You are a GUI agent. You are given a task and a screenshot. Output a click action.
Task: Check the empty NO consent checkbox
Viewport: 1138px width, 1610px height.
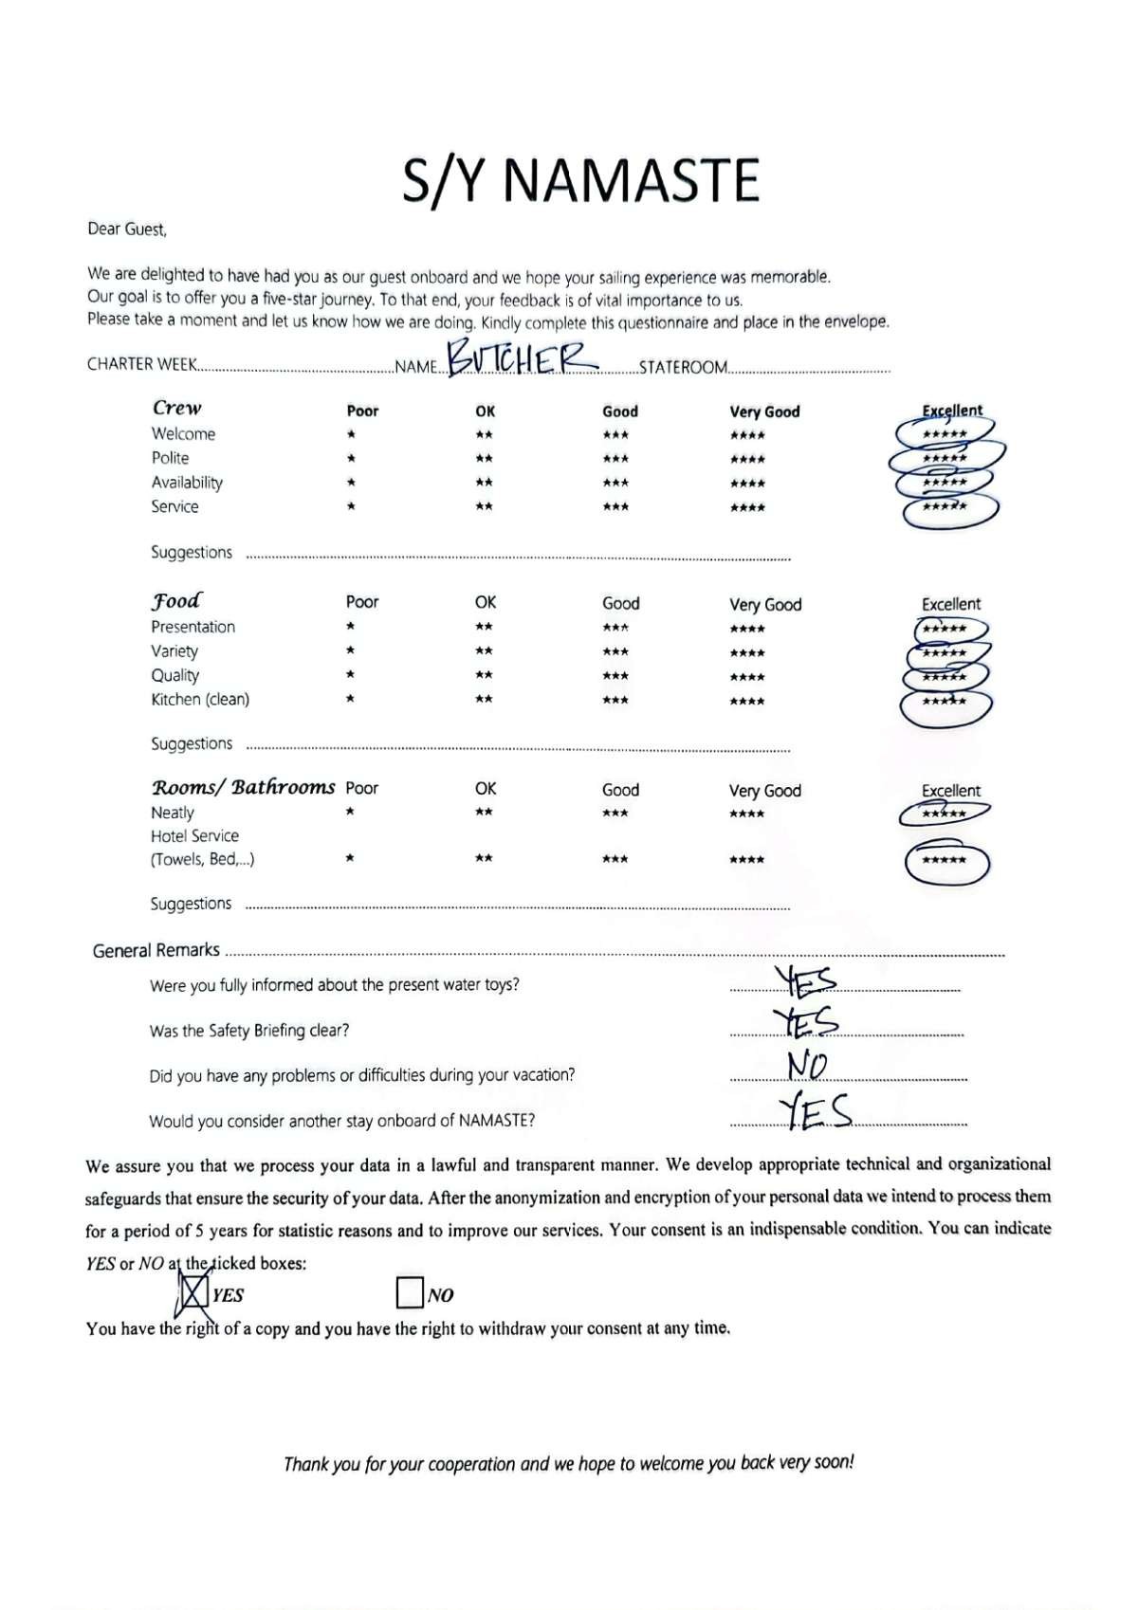tap(410, 1293)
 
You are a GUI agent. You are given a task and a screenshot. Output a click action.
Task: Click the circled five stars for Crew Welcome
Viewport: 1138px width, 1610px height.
tap(945, 434)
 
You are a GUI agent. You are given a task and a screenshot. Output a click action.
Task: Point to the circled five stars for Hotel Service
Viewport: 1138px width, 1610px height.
tap(945, 861)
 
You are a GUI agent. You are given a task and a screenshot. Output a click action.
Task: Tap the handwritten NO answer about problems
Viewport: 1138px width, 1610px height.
tap(807, 1067)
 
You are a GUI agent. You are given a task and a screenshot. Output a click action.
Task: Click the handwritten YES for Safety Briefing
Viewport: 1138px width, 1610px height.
tap(806, 1021)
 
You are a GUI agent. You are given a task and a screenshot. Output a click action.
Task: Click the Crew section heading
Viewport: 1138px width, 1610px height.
tap(177, 408)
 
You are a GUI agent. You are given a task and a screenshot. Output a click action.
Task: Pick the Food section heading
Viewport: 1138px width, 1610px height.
tap(176, 600)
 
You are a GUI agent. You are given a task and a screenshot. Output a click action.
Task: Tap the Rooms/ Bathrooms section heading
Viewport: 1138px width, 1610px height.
tap(243, 787)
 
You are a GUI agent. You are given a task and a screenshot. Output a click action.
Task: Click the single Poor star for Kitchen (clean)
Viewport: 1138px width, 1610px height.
tap(351, 700)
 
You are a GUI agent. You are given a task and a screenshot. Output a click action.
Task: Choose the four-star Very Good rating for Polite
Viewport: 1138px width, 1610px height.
tap(747, 460)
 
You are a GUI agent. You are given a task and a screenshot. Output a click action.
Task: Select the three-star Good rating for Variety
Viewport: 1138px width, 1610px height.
tap(615, 652)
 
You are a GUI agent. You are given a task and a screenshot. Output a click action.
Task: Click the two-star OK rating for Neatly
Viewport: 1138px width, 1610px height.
tap(484, 813)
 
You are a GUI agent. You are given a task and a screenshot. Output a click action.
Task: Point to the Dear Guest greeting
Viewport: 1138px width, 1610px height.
tap(127, 229)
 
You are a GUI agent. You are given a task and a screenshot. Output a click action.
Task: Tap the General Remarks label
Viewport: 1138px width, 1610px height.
tap(156, 950)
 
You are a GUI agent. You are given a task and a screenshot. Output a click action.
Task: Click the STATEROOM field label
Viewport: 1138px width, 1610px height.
tap(683, 367)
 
